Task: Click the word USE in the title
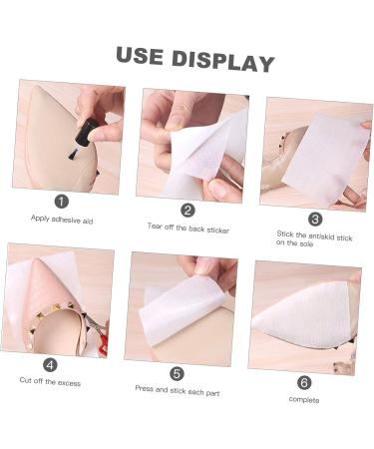139,56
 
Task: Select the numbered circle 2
187,210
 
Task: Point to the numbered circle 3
315,218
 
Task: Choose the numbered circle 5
177,373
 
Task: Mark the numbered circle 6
304,381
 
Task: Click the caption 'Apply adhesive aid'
61,218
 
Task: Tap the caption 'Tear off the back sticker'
187,228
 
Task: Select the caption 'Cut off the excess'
50,381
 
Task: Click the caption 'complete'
304,399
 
